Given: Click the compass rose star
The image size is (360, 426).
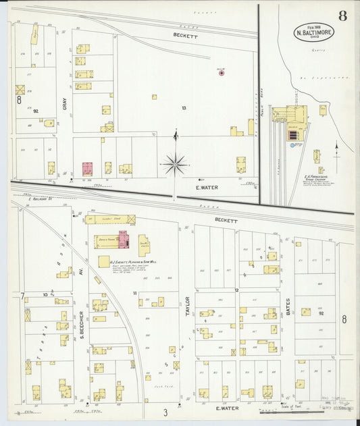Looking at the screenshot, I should (x=175, y=163).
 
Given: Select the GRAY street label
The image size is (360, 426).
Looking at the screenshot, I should (x=65, y=104).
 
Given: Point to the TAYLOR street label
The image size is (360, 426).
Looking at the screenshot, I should (x=187, y=307).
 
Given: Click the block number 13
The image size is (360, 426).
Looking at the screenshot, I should (x=183, y=108).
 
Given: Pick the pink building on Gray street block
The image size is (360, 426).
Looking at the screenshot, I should (x=88, y=169).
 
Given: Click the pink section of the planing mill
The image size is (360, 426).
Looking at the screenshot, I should (x=124, y=240).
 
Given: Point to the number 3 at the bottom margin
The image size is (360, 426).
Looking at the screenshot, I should (x=164, y=411).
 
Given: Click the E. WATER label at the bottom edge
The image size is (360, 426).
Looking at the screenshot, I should (x=224, y=408).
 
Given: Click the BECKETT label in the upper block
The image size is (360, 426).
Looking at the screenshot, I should (x=184, y=35).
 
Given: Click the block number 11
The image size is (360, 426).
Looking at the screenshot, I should (x=135, y=293).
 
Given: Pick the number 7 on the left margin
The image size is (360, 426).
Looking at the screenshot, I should (x=22, y=296).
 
